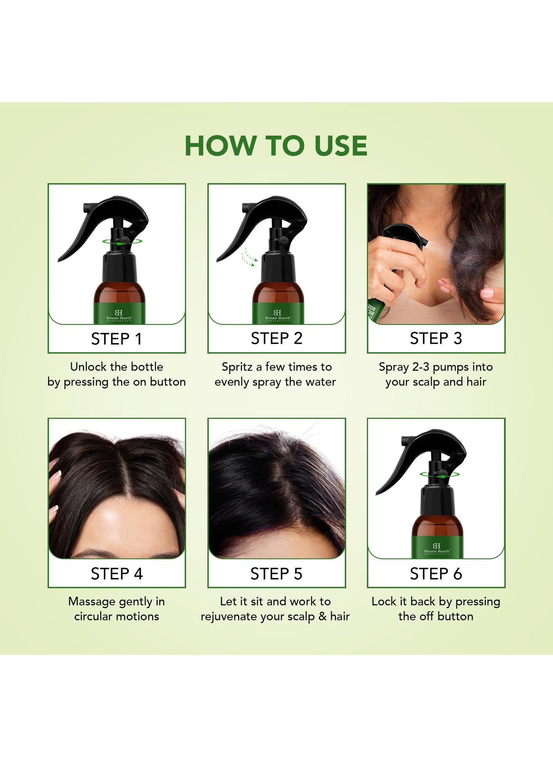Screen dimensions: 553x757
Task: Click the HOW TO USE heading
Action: coord(276,146)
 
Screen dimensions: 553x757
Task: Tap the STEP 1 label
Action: coord(117,339)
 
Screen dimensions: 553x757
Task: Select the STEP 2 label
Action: coord(276,339)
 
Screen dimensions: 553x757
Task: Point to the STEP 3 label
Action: coord(436,339)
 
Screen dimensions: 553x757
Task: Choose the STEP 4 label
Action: coord(117,574)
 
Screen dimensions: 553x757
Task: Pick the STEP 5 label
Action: coord(276,574)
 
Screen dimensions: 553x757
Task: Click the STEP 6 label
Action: coord(436,574)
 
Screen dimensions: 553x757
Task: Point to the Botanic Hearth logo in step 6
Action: coord(437,549)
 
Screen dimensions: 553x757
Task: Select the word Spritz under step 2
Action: coord(237,367)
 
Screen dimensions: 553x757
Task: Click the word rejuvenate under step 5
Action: coord(229,617)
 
